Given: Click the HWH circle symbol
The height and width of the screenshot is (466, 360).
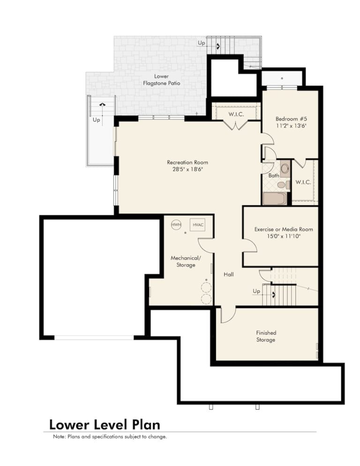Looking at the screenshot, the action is click(x=176, y=225).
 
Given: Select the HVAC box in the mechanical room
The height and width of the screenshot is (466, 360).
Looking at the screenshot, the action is click(x=198, y=225).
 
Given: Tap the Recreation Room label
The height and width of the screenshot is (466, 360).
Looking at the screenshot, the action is click(x=187, y=162).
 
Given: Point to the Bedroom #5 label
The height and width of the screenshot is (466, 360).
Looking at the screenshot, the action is click(x=291, y=119).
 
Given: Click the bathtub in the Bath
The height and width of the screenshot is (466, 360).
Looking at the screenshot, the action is click(x=275, y=198).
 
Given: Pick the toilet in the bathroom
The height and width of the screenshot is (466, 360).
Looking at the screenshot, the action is click(x=283, y=185).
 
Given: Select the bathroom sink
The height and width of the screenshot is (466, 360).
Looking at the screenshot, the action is click(x=285, y=168).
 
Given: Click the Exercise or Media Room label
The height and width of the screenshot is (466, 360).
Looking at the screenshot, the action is click(x=284, y=229).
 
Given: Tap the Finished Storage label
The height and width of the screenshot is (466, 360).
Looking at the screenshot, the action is click(x=266, y=336).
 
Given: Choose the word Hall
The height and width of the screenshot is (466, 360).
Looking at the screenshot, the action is click(x=229, y=274).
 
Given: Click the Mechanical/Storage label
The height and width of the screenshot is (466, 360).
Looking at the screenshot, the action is click(x=186, y=261).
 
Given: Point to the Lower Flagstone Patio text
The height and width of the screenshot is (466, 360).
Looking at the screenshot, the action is click(x=161, y=80).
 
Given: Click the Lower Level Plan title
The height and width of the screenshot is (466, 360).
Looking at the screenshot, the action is click(x=105, y=425).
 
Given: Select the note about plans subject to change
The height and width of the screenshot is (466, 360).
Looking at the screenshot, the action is click(x=110, y=436).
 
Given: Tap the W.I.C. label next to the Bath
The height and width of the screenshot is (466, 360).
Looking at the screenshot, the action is click(x=303, y=182).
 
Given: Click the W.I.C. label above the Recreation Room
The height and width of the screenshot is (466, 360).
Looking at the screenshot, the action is click(x=236, y=114).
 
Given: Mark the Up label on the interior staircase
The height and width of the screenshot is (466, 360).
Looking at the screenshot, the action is click(x=256, y=291).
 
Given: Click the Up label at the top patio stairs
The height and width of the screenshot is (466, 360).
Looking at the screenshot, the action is click(x=202, y=43).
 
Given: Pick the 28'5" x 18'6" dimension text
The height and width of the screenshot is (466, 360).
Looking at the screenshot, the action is click(x=187, y=169).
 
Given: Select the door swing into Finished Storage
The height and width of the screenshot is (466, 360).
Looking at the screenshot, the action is click(x=228, y=316).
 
